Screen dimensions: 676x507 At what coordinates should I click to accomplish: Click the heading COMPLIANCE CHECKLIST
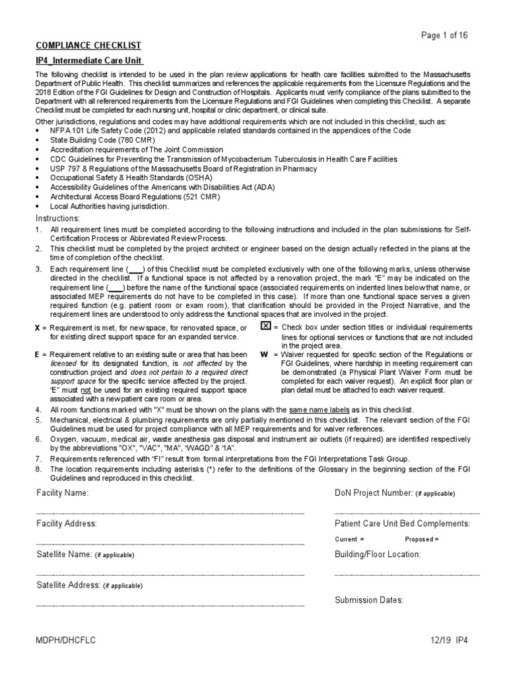pos(88,45)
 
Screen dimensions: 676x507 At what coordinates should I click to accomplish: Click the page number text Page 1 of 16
pos(444,36)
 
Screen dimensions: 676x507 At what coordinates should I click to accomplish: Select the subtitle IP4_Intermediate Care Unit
pos(89,61)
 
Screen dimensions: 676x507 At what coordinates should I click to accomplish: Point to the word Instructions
pos(57,219)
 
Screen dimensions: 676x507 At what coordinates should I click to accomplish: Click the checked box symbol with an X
pos(265,327)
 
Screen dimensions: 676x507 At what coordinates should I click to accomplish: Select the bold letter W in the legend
pos(265,355)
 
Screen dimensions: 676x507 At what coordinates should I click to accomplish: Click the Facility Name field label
pos(63,493)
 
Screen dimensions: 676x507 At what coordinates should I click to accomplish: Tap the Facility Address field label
pos(67,524)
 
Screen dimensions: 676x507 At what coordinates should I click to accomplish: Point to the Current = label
pos(350,539)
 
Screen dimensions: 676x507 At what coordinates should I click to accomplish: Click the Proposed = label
pos(421,539)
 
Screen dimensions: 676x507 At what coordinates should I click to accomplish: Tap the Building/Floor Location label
pos(378,555)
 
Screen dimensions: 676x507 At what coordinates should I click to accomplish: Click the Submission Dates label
pos(369,600)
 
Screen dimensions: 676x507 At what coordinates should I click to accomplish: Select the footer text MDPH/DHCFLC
pos(65,640)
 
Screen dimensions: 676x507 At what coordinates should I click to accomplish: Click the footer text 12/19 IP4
pos(447,640)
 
